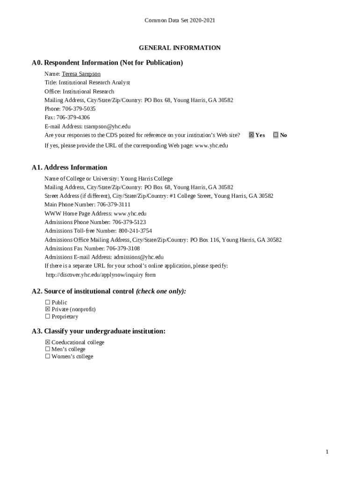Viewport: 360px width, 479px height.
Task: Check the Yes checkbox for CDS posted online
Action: coord(251,135)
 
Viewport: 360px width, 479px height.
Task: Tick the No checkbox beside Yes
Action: coord(276,135)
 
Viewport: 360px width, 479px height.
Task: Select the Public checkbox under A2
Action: coord(47,303)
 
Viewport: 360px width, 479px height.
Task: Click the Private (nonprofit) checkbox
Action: coord(47,310)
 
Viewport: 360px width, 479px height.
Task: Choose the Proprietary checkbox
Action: coord(47,317)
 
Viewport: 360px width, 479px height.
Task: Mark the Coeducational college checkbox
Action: coord(47,342)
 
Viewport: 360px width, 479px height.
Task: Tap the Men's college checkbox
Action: coord(47,349)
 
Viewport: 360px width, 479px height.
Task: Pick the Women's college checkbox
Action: coord(47,356)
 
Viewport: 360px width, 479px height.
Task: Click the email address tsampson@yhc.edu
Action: coord(107,126)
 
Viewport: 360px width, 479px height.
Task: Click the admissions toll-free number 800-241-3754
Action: coord(135,231)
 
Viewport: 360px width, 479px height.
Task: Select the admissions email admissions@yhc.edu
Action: coord(138,257)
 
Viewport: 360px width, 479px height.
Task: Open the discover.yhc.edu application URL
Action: coord(101,275)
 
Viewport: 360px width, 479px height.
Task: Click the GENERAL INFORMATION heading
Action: coord(180,48)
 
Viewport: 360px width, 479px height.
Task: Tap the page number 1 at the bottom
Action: coord(327,452)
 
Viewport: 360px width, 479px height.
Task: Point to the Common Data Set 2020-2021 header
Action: coord(180,21)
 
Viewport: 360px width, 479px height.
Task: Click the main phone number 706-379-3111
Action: coord(114,205)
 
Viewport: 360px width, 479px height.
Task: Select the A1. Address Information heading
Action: coord(69,167)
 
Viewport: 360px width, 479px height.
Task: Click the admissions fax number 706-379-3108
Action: coord(123,248)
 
